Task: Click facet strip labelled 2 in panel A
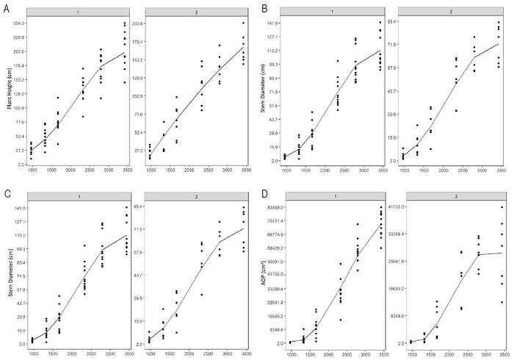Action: pos(196,12)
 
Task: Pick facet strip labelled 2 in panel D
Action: pos(452,195)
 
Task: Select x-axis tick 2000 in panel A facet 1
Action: pos(70,170)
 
